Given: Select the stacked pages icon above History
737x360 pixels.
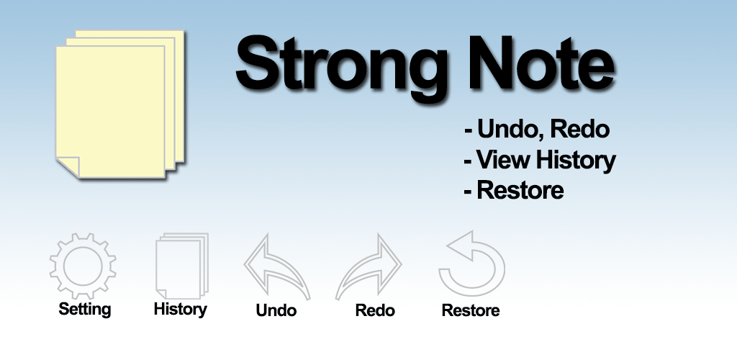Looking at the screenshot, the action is [181, 266].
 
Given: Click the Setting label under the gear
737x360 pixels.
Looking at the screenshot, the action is [85, 310].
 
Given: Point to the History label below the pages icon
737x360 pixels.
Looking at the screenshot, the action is [181, 310].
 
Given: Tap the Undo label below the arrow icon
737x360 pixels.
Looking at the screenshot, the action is [276, 310].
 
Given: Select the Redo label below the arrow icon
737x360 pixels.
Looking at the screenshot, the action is [374, 310].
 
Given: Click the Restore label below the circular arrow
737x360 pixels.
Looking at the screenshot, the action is [471, 310].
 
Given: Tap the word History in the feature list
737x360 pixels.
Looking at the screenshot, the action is [576, 161].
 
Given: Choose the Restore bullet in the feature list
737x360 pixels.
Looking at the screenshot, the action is [514, 190].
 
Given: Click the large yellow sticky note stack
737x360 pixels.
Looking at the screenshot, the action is [120, 104].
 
